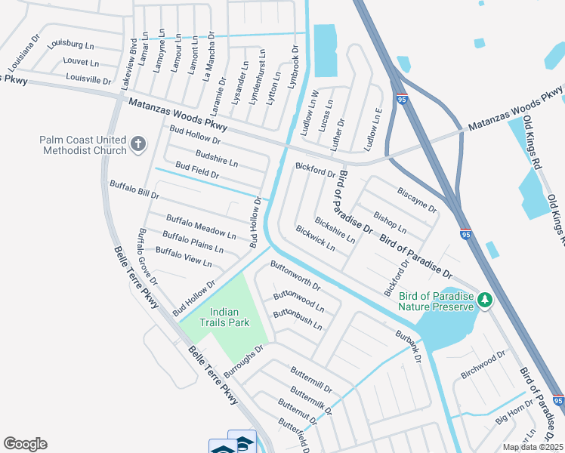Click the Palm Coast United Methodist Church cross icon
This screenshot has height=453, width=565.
[x=137, y=144]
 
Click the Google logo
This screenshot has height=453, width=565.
[x=25, y=444]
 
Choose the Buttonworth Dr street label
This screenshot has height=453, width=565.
[x=296, y=276]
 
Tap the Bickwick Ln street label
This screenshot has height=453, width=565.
[x=315, y=239]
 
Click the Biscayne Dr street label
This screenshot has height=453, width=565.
[x=417, y=196]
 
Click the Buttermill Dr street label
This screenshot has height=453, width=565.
[x=310, y=379]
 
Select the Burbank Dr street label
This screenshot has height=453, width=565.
[x=408, y=344]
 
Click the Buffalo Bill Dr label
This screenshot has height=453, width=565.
[x=134, y=189]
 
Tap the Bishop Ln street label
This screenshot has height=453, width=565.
[x=390, y=217]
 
